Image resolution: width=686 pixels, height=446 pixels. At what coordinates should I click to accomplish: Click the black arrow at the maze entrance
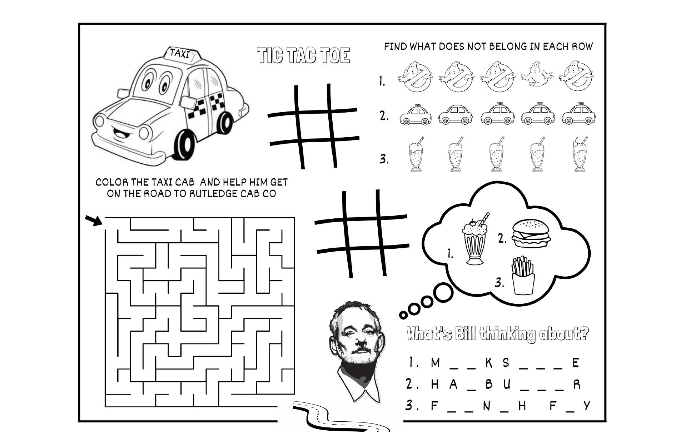94,220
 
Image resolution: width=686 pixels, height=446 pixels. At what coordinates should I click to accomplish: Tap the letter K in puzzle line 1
489,363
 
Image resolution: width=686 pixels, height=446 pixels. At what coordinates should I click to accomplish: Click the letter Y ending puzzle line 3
586,406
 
